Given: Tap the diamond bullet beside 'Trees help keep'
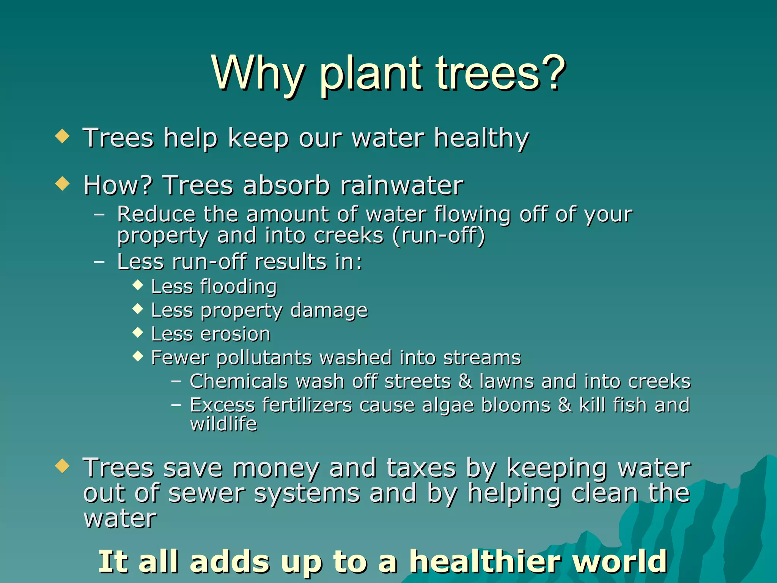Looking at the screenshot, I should click(62, 136).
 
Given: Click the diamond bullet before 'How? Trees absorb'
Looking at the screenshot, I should click(62, 184).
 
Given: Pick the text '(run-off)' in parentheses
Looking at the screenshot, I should click(439, 236).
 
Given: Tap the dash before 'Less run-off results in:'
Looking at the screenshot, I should click(99, 262).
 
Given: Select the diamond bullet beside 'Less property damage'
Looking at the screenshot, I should click(138, 309).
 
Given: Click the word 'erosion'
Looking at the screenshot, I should click(235, 334).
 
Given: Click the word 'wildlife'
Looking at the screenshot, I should click(223, 424).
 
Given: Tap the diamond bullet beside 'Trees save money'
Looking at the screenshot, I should click(62, 466).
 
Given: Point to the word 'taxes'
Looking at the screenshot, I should click(421, 468).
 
